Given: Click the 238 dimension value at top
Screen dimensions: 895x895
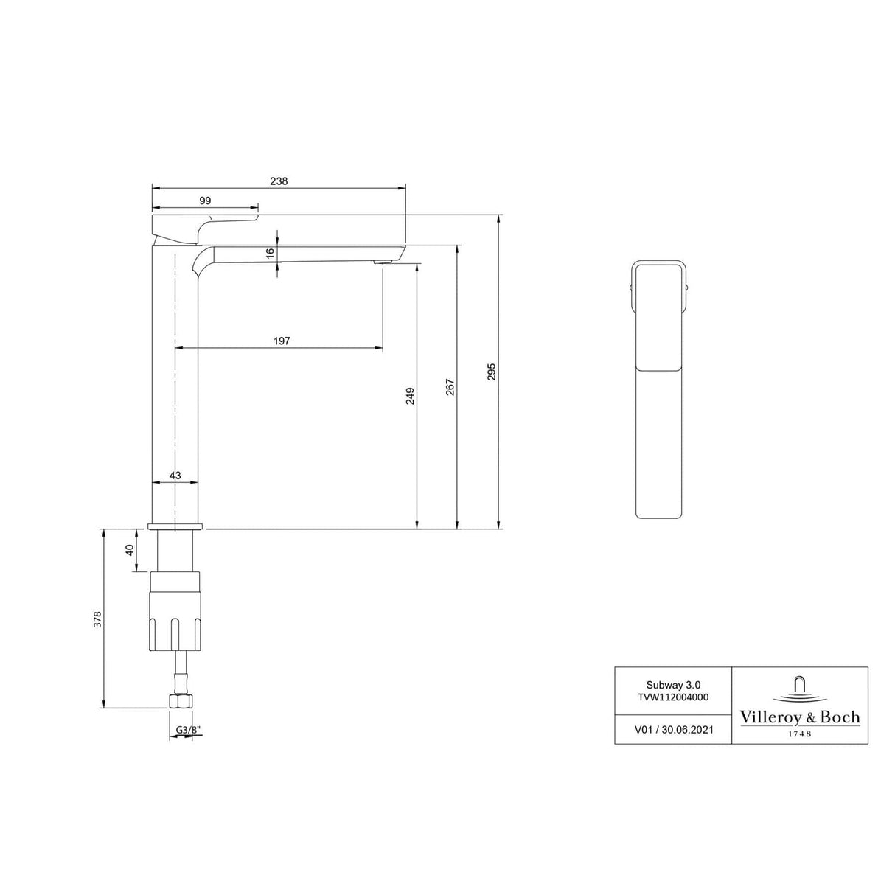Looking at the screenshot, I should [279, 181].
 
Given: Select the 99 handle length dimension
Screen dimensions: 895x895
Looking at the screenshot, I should [205, 201].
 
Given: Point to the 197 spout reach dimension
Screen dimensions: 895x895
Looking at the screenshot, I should [282, 341].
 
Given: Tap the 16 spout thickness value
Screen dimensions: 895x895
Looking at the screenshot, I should [270, 251].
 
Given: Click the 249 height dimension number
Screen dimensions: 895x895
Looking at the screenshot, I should [411, 396].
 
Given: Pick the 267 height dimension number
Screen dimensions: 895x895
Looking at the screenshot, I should [450, 387].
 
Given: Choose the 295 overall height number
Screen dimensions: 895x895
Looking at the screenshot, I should [492, 371].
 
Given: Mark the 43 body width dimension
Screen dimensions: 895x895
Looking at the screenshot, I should [175, 476].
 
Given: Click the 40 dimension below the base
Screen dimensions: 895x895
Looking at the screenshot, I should [130, 550].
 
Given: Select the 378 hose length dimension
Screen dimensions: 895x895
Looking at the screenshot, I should [97, 619].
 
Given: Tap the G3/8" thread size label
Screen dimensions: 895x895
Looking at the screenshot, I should [187, 730].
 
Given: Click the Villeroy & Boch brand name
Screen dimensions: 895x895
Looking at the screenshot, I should [800, 717].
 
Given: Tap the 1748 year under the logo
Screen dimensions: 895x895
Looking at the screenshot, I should [800, 734].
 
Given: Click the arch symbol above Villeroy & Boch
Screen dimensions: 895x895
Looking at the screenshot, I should [800, 686].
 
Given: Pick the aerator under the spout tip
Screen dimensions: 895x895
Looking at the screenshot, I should [383, 262].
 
